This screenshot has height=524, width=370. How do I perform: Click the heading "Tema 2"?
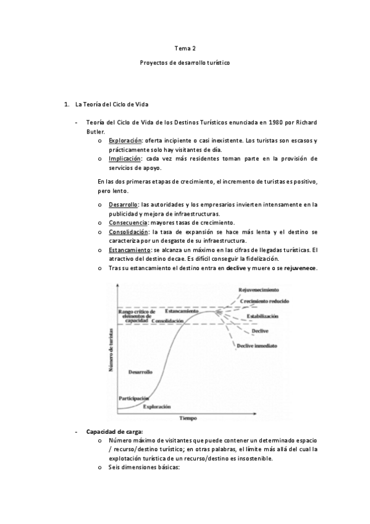(185, 48)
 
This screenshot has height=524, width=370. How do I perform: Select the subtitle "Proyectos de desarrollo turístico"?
(185, 64)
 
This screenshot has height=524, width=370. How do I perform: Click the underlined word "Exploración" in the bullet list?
(125, 142)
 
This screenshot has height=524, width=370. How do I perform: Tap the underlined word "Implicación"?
(125, 159)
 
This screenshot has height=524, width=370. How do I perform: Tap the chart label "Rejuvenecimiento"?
(259, 290)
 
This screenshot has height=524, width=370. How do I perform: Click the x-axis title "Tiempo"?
(188, 418)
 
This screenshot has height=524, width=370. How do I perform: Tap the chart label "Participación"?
(133, 398)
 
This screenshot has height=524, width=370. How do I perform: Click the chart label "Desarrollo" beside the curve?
(141, 371)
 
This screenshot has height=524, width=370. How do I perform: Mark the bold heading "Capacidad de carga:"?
(115, 431)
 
